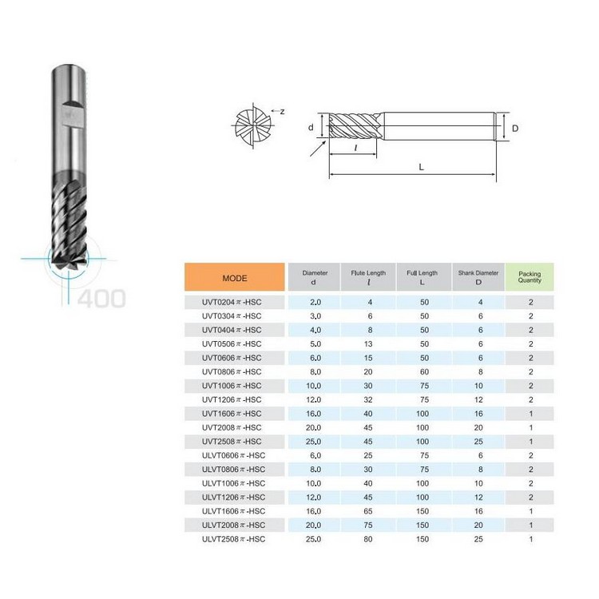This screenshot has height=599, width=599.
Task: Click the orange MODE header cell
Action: (235, 277)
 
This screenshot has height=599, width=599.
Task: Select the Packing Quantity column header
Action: (530, 277)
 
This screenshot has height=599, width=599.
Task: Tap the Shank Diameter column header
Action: (478, 277)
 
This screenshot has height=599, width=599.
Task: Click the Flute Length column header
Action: (368, 277)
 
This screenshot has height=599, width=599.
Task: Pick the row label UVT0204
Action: (232, 302)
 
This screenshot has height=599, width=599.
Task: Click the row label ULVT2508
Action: (233, 539)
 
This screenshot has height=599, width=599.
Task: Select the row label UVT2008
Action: (232, 427)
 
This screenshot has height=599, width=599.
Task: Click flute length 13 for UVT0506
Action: (368, 343)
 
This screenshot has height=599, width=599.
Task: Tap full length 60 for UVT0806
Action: (424, 371)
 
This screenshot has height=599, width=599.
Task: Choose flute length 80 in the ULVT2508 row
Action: (368, 539)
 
